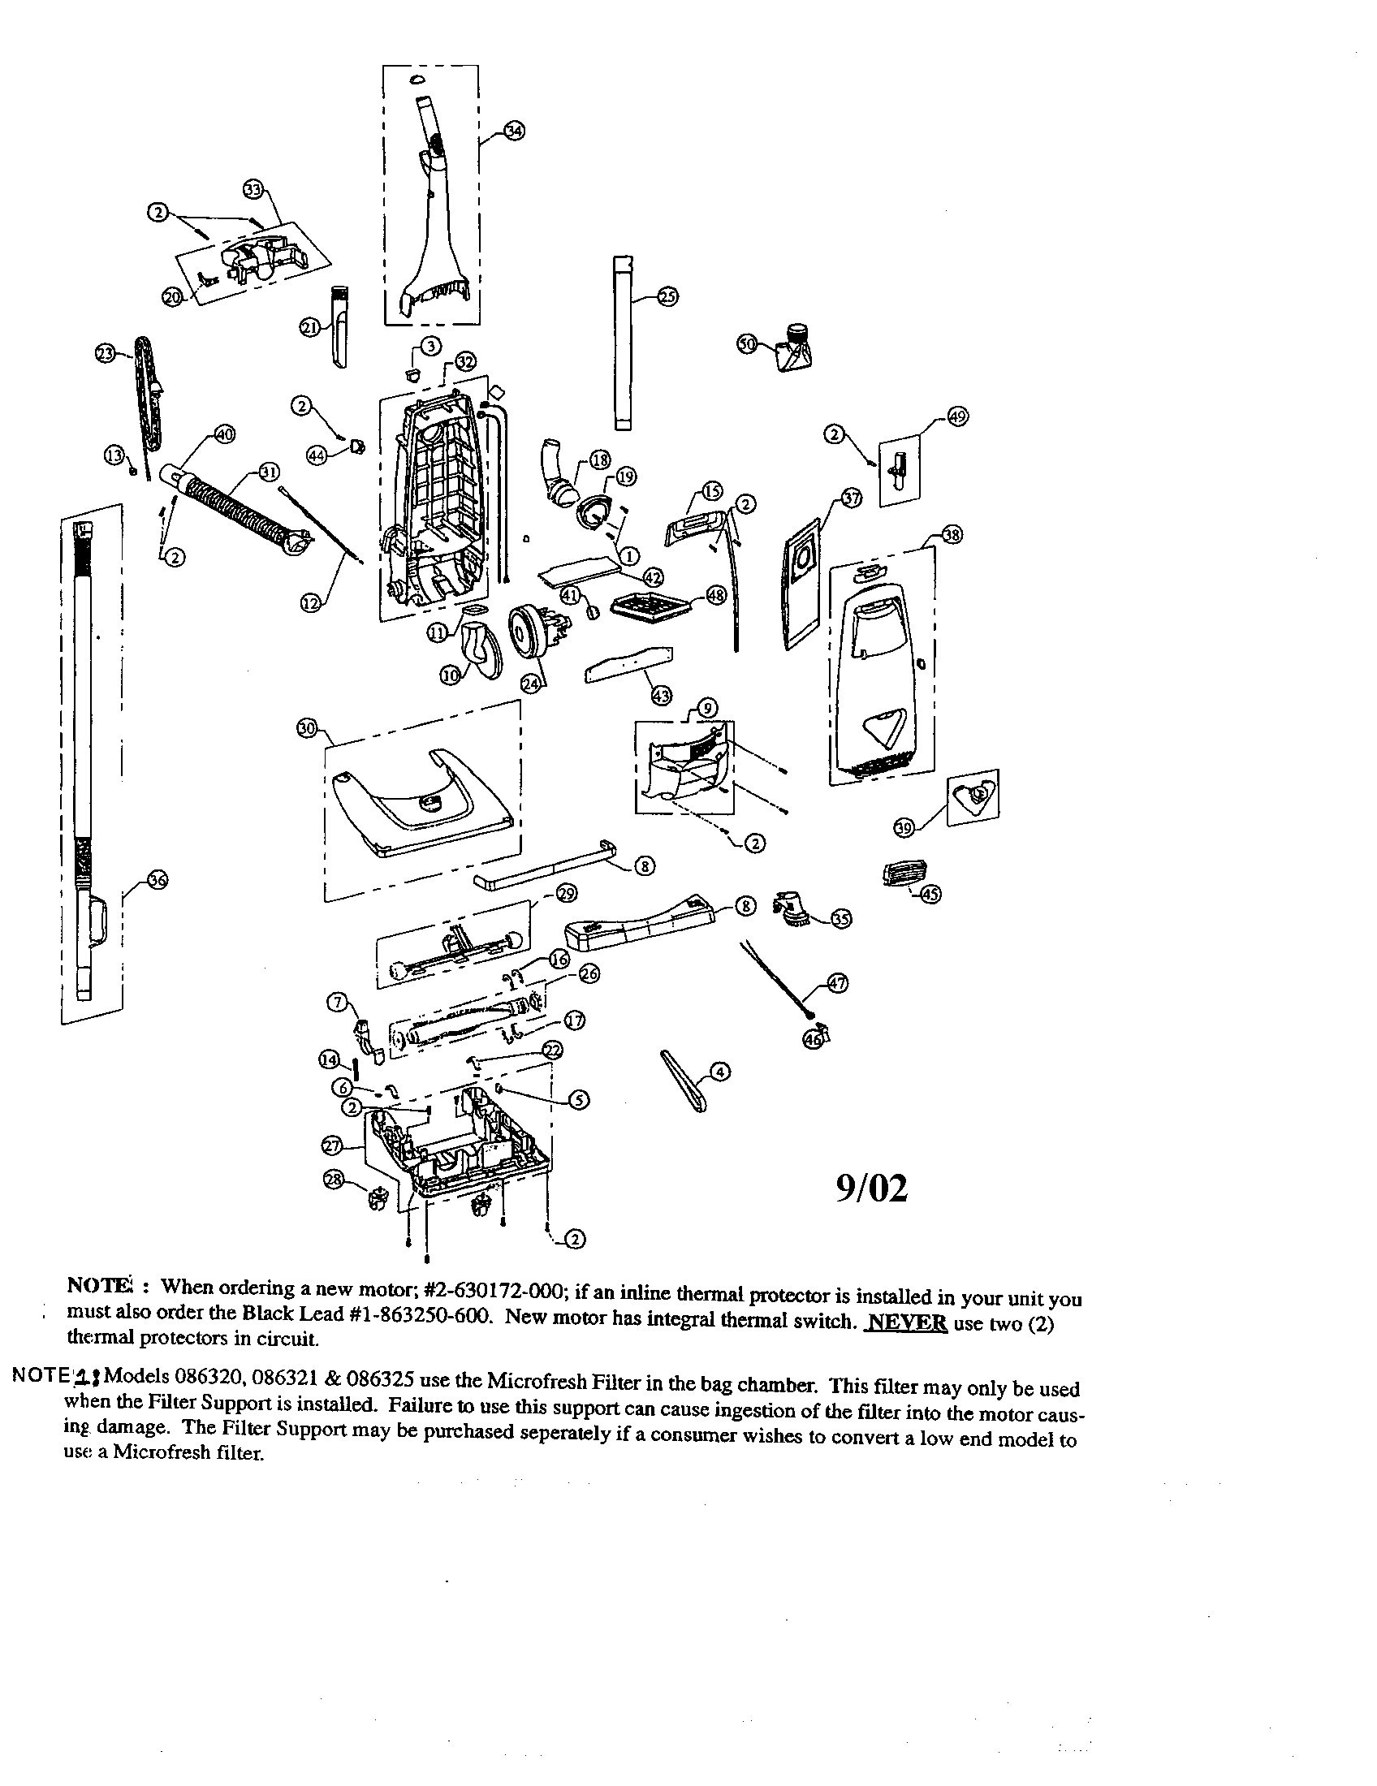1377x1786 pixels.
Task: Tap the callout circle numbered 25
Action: (x=667, y=297)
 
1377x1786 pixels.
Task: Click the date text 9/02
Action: (x=872, y=1190)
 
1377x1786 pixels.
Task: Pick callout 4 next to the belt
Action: (x=719, y=1071)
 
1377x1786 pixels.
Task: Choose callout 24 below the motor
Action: (x=532, y=684)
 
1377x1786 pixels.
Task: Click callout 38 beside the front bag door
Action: (x=952, y=535)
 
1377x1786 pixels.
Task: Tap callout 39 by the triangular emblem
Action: (x=904, y=829)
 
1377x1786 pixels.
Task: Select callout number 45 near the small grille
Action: (x=930, y=894)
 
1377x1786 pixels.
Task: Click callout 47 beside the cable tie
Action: (x=837, y=984)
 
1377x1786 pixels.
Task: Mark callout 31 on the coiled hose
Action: (x=268, y=472)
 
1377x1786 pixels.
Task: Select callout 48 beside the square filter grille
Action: (x=715, y=595)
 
